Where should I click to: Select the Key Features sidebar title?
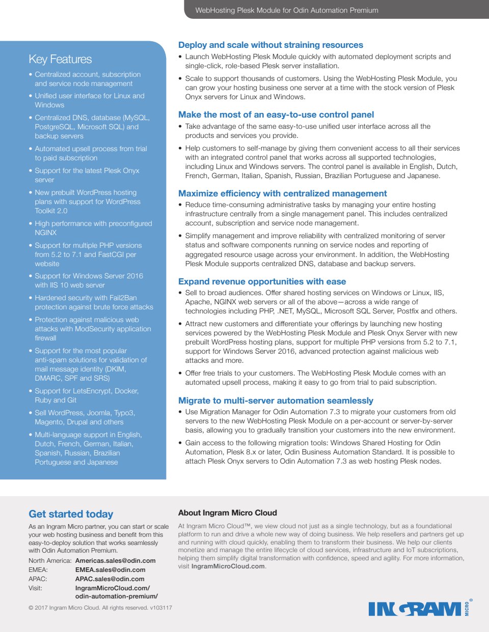60,60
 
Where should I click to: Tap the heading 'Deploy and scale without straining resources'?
270,45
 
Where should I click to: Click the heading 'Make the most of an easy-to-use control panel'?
276,114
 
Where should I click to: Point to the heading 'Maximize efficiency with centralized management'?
282,193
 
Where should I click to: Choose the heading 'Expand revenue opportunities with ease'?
262,281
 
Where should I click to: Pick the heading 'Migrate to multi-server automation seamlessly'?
276,400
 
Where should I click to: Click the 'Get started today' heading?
71,514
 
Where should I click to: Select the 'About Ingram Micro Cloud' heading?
227,513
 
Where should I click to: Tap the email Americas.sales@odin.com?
115,561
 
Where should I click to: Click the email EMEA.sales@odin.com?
110,570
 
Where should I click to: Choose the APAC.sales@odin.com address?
110,579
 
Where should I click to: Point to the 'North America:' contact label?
50,561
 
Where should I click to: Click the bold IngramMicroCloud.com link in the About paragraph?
228,566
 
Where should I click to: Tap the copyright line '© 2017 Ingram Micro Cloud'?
100,608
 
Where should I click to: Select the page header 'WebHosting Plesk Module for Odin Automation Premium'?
286,10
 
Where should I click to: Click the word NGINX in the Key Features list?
46,233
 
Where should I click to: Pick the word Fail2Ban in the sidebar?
122,298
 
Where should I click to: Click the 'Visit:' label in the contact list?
36,588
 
